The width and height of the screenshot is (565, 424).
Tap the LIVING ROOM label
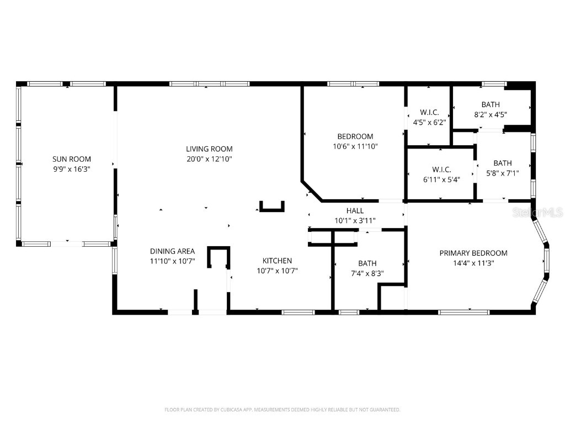(209, 149)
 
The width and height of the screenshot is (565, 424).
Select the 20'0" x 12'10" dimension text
(209, 159)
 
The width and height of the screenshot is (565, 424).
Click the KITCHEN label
(277, 261)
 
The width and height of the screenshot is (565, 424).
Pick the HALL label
(355, 210)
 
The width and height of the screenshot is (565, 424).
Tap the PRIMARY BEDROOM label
(473, 253)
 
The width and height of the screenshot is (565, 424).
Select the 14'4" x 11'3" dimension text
(473, 263)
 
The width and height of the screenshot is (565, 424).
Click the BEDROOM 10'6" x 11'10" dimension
(355, 146)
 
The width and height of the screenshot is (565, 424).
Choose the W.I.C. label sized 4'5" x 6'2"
(429, 112)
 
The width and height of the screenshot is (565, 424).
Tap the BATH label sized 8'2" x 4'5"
(491, 104)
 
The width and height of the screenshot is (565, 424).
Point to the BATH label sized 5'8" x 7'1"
(502, 163)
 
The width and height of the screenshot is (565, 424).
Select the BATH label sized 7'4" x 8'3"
(367, 263)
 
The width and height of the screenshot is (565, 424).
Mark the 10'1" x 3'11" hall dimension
(355, 221)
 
